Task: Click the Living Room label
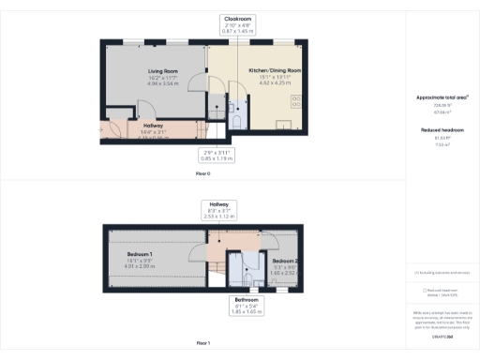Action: point(162,71)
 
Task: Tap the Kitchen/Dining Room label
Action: point(275,71)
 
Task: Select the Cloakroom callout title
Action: point(238,19)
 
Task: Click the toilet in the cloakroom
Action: point(238,118)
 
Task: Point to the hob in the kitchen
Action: point(296,100)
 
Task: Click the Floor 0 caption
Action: point(202,173)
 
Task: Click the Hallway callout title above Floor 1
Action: point(218,203)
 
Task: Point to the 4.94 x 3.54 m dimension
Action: point(162,83)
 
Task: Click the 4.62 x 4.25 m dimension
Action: point(275,83)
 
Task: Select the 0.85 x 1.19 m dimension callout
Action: point(217,158)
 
